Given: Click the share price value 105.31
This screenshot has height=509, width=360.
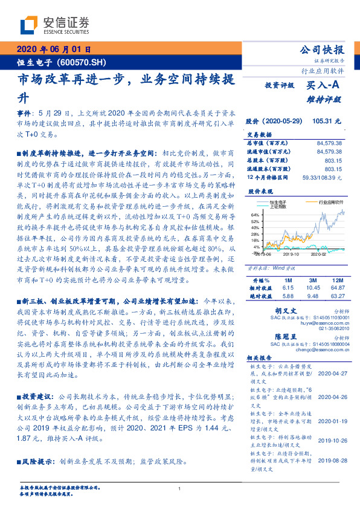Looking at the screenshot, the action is point(323,121).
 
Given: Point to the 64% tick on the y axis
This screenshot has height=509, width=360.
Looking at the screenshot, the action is point(256,215).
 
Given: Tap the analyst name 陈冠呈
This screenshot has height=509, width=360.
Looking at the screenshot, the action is point(279,336).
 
